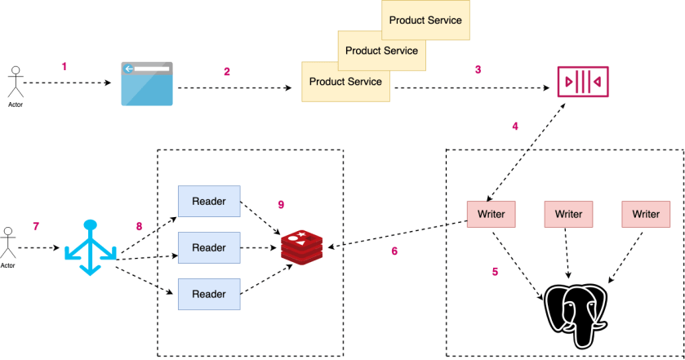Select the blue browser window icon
pyautogui.click(x=147, y=82)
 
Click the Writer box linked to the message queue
pyautogui.click(x=491, y=214)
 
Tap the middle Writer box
pyautogui.click(x=568, y=214)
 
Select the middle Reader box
pyautogui.click(x=209, y=246)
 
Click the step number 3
pyautogui.click(x=478, y=69)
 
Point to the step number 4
pyautogui.click(x=514, y=127)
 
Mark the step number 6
pyautogui.click(x=394, y=251)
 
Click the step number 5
pyautogui.click(x=494, y=272)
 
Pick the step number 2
pyautogui.click(x=227, y=71)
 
